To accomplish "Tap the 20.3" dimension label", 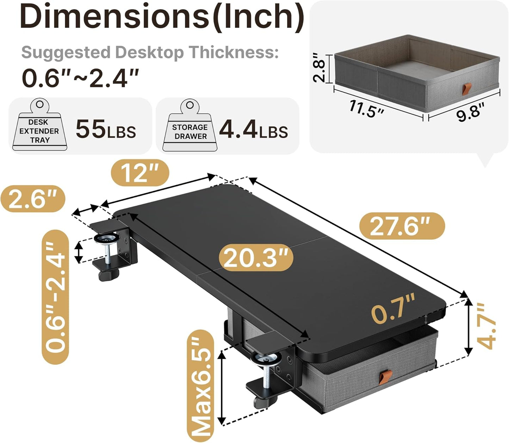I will tap(256, 258).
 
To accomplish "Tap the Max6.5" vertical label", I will tap(199, 386).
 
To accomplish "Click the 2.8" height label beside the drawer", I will tap(320, 68).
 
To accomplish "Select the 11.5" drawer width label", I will tap(366, 109).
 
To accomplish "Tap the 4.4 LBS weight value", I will tap(253, 130).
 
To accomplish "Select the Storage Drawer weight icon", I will tap(189, 126).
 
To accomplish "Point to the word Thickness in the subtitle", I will tap(232, 52).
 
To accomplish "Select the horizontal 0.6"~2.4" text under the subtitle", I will tap(80, 78).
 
